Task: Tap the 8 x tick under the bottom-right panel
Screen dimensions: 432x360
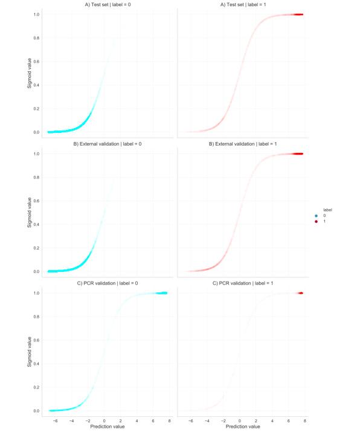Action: (305, 420)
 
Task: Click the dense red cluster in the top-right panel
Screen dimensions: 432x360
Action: (297, 15)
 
